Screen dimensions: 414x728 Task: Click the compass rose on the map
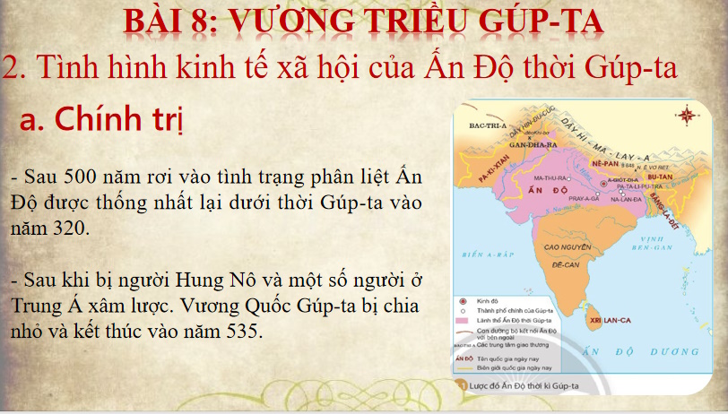(x=689, y=115)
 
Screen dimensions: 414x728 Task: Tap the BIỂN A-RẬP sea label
(x=485, y=254)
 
